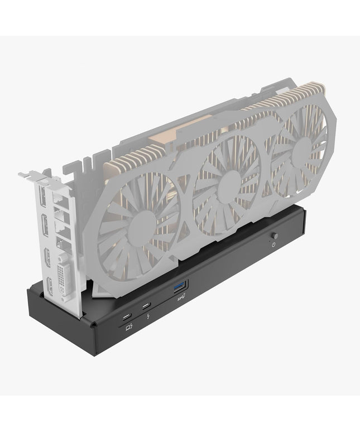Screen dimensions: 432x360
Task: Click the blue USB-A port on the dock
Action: (180, 287)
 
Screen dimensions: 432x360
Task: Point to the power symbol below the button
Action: (273, 244)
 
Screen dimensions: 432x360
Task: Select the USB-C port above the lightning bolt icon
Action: (146, 306)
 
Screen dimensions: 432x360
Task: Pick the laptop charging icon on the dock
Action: (129, 327)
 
